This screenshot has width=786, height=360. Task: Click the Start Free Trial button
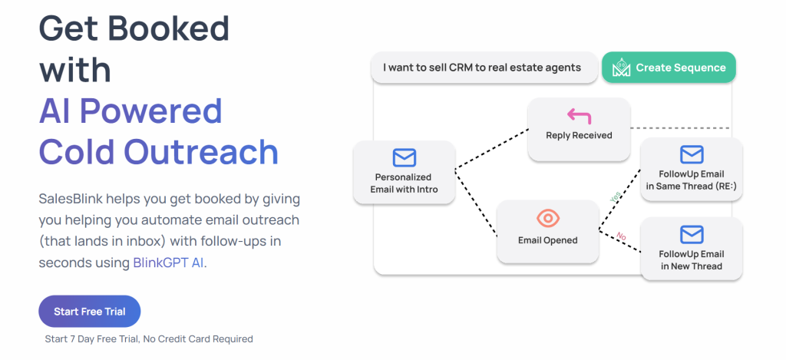pyautogui.click(x=89, y=312)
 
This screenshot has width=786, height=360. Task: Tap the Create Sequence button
pyautogui.click(x=669, y=68)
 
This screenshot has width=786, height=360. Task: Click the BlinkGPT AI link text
pyautogui.click(x=168, y=263)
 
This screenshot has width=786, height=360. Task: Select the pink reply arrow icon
pyautogui.click(x=579, y=116)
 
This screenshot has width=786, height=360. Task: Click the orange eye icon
pyautogui.click(x=547, y=219)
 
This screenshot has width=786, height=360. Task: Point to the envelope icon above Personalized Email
pyautogui.click(x=404, y=158)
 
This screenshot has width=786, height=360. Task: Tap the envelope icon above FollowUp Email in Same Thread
pyautogui.click(x=691, y=155)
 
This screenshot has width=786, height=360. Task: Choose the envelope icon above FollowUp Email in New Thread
pyautogui.click(x=691, y=233)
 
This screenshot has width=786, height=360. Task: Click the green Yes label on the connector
pyautogui.click(x=615, y=197)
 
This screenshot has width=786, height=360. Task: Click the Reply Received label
pyautogui.click(x=579, y=136)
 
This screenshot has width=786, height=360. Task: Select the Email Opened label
pyautogui.click(x=547, y=240)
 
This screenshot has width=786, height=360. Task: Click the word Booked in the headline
pyautogui.click(x=167, y=29)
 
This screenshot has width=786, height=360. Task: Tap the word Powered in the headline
pyautogui.click(x=163, y=111)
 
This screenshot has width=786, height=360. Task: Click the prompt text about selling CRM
pyautogui.click(x=481, y=68)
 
